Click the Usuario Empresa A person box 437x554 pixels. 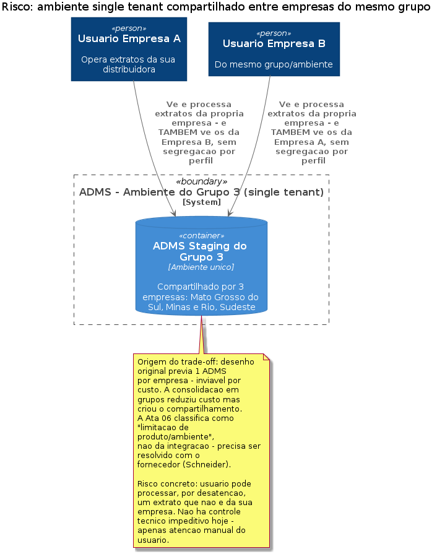pyautogui.click(x=129, y=49)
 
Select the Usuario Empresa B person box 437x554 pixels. pyautogui.click(x=274, y=49)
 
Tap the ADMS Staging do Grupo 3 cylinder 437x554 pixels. pyautogui.click(x=201, y=266)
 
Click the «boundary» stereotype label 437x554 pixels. pyautogui.click(x=201, y=181)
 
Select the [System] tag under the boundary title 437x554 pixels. pyautogui.click(x=201, y=202)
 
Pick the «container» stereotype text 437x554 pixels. pyautogui.click(x=201, y=236)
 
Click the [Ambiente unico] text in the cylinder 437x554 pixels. pyautogui.click(x=201, y=267)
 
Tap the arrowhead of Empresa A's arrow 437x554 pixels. pyautogui.click(x=174, y=214)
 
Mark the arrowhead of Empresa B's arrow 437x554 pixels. pyautogui.click(x=230, y=214)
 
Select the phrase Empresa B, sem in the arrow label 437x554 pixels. pyautogui.click(x=199, y=142)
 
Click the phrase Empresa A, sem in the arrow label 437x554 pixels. pyautogui.click(x=311, y=142)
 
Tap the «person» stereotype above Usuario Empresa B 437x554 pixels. pyautogui.click(x=274, y=33)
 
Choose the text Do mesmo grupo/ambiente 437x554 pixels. pyautogui.click(x=274, y=64)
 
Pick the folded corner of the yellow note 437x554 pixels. pyautogui.click(x=266, y=357)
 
